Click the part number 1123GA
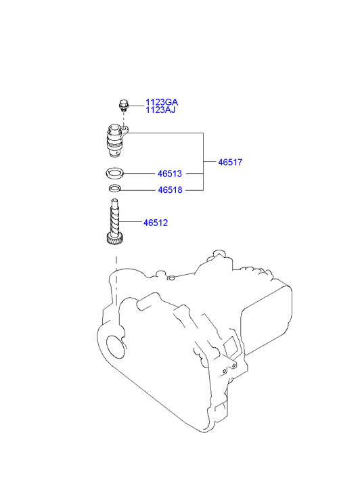click(x=161, y=102)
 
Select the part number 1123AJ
click(x=160, y=110)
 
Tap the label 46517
click(x=230, y=162)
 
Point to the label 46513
click(x=169, y=173)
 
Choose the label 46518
click(x=170, y=190)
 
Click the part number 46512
click(x=156, y=223)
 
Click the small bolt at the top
click(x=123, y=105)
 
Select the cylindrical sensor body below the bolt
click(x=115, y=141)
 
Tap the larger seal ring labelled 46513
click(x=114, y=173)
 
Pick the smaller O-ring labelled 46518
click(x=115, y=189)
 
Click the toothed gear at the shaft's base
click(x=114, y=239)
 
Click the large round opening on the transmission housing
click(x=116, y=346)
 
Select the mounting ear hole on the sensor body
click(x=125, y=129)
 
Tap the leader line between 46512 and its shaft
click(x=130, y=222)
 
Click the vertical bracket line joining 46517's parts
click(x=204, y=162)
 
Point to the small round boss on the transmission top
click(x=171, y=278)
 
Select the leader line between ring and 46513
click(x=139, y=173)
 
